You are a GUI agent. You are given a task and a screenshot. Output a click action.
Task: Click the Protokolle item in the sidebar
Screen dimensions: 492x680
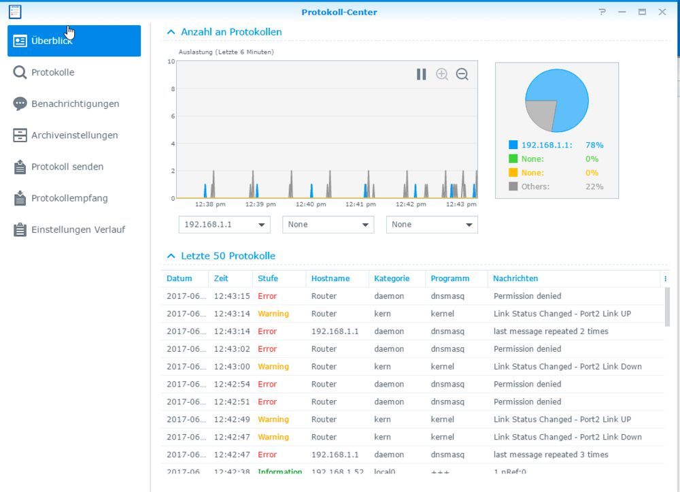click(52, 72)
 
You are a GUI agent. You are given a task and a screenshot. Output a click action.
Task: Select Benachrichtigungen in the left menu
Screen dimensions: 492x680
click(75, 103)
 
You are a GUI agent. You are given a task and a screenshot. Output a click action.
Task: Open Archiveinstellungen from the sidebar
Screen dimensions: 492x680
click(74, 135)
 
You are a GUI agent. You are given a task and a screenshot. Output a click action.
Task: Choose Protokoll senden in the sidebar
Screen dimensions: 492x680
click(67, 167)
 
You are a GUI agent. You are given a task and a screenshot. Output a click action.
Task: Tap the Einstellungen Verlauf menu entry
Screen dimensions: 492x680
click(78, 229)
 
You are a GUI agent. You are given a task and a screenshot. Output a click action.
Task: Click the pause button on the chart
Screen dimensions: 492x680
click(422, 74)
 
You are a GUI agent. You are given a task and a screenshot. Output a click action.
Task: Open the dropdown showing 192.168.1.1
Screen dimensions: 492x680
click(224, 225)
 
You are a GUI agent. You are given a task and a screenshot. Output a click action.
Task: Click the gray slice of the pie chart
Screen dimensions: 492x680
click(541, 114)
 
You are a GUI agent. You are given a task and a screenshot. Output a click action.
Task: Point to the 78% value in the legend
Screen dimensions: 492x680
click(594, 145)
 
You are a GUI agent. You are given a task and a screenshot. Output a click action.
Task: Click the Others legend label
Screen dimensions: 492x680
click(535, 186)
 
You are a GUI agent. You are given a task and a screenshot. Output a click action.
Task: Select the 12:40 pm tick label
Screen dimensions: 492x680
click(311, 204)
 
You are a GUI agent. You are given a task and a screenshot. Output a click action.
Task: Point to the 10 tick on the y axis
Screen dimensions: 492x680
click(171, 61)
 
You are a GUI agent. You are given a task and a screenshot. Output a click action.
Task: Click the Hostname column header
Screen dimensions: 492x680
click(330, 278)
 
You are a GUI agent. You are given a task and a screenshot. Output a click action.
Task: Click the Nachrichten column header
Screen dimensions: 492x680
click(515, 278)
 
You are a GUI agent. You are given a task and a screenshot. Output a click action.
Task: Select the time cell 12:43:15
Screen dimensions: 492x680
click(232, 296)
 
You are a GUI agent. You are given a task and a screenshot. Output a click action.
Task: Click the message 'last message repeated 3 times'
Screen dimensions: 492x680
click(551, 455)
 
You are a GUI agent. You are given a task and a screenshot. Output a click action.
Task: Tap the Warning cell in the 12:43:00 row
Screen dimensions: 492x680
click(273, 366)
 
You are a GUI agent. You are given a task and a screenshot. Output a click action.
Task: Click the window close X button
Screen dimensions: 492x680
click(662, 12)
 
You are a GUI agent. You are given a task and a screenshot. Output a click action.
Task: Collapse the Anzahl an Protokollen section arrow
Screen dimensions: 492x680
click(171, 32)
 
